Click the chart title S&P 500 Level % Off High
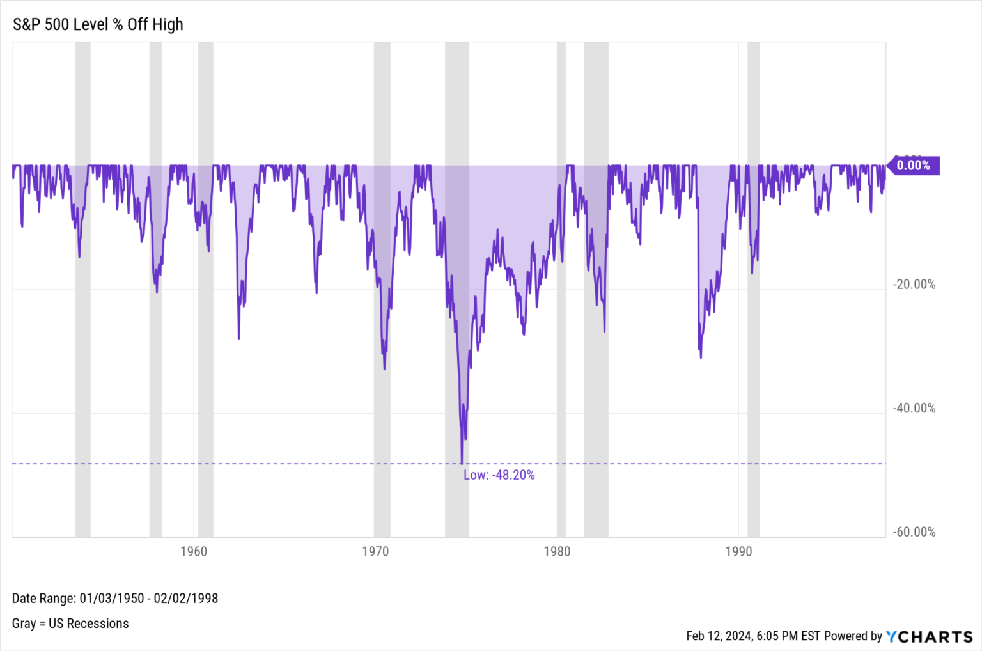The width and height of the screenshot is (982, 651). [98, 24]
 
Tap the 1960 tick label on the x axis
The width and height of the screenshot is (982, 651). [194, 551]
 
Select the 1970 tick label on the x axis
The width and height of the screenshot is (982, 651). [375, 551]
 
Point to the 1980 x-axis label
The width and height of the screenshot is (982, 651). [557, 551]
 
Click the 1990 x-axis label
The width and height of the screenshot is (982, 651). [738, 551]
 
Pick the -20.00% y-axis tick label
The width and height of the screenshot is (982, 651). [914, 285]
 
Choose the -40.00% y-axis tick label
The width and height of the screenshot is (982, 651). [914, 408]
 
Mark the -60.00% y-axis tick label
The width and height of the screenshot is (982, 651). [914, 532]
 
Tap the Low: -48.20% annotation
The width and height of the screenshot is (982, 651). [499, 475]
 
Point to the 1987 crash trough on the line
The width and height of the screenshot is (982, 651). [701, 357]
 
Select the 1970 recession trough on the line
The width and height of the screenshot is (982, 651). [384, 368]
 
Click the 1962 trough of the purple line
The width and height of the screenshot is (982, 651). [239, 338]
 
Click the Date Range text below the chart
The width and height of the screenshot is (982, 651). [115, 599]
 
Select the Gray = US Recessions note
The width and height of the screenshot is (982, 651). [70, 624]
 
